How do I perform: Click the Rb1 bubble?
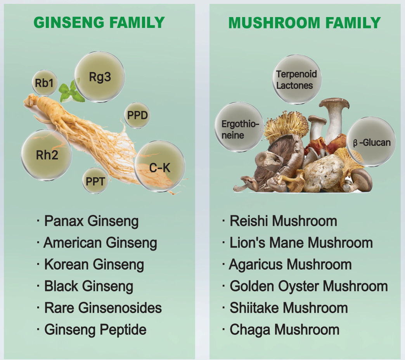click(45, 83)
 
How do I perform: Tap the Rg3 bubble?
click(100, 77)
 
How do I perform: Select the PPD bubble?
click(137, 115)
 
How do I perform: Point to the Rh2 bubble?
click(47, 155)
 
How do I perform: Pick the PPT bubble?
click(95, 181)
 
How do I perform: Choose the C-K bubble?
click(159, 166)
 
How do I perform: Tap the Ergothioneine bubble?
click(239, 127)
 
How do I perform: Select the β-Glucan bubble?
click(371, 142)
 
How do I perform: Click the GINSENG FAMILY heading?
click(99, 22)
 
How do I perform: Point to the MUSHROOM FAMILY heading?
click(305, 22)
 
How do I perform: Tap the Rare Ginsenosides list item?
click(99, 308)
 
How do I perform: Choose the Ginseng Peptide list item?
click(92, 330)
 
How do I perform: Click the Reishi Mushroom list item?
click(279, 221)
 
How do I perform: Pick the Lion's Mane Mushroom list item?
click(297, 243)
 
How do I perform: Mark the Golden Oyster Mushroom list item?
click(305, 286)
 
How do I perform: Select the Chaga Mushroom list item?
click(280, 330)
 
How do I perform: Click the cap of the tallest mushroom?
click(334, 103)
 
